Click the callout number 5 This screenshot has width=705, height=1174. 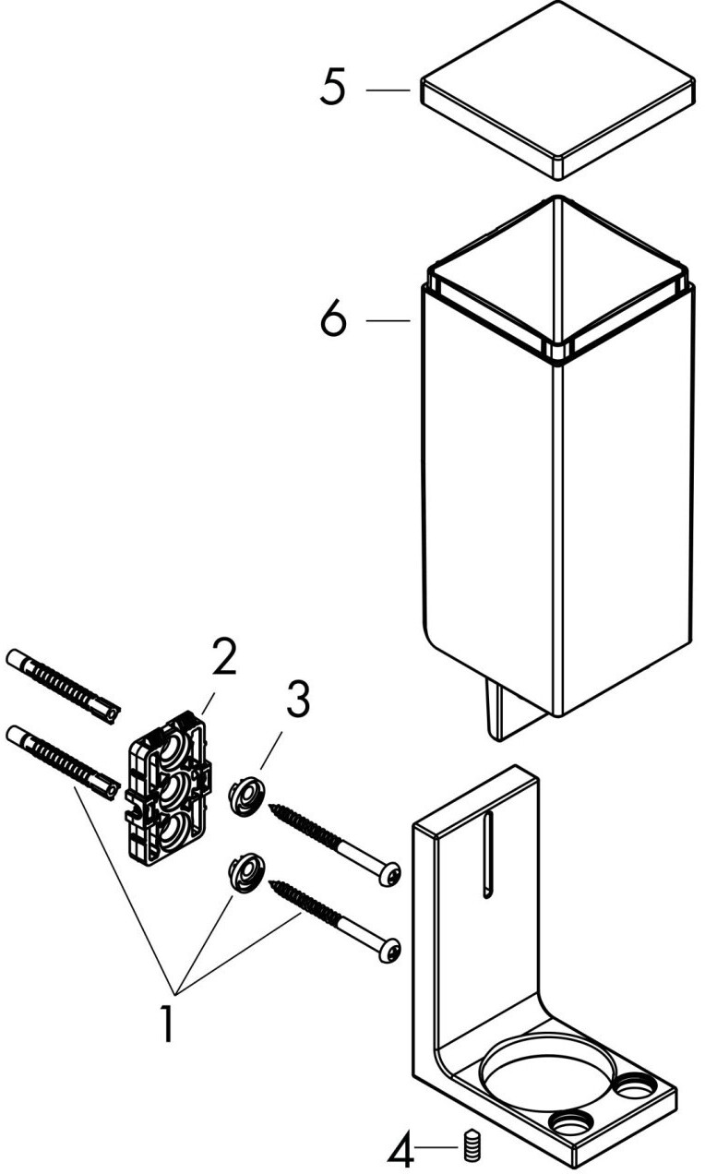coord(333,90)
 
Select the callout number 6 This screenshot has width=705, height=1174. coord(333,320)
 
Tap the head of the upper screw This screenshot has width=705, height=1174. coord(392,873)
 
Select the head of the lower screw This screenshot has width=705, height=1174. coord(392,950)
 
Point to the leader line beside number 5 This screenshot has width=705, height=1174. coord(388,90)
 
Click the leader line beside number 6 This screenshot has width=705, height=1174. coord(388,320)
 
